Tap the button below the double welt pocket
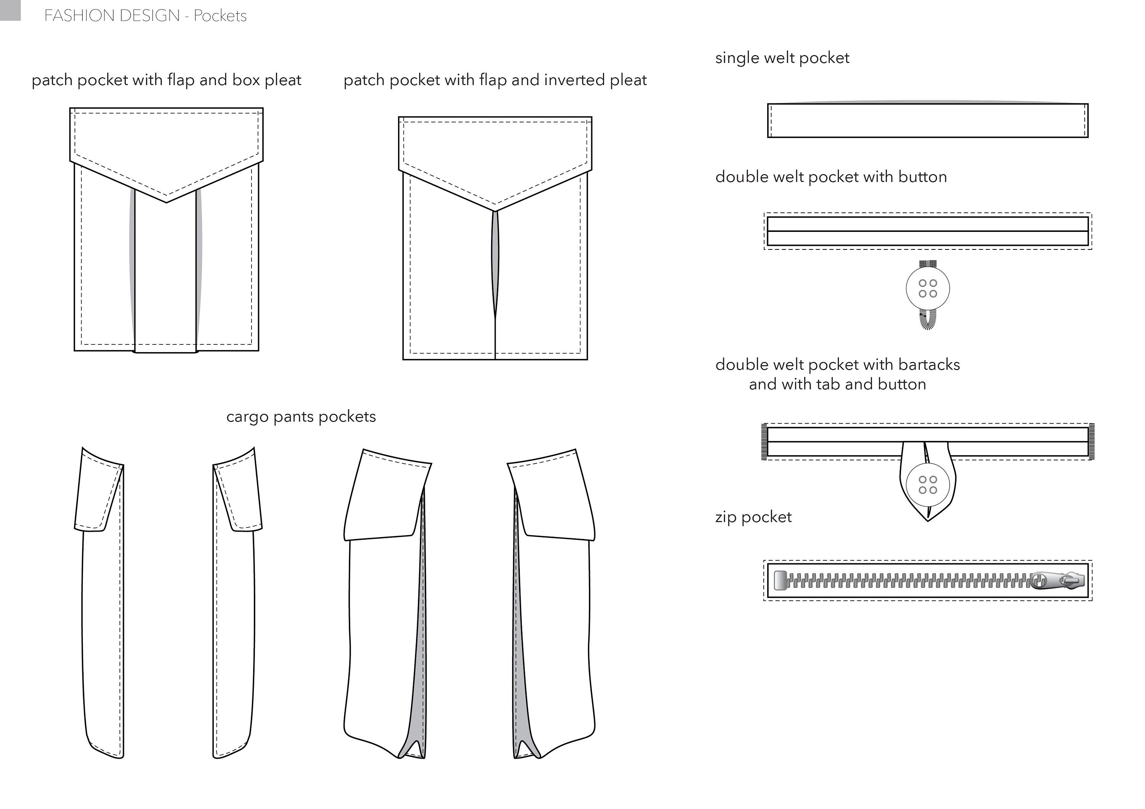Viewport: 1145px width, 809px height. point(927,288)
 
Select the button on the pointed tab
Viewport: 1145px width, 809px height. point(927,484)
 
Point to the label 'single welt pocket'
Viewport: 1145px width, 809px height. point(782,58)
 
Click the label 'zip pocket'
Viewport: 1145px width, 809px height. point(753,517)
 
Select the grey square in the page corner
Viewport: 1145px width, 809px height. point(10,10)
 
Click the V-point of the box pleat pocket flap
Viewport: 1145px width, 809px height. point(166,201)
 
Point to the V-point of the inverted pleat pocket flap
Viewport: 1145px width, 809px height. point(495,210)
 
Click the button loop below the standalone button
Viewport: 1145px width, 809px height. point(927,319)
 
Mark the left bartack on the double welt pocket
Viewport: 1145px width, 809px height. point(764,442)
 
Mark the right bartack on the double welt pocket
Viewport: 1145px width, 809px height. point(1091,442)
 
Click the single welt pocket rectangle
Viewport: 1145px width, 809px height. point(927,121)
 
